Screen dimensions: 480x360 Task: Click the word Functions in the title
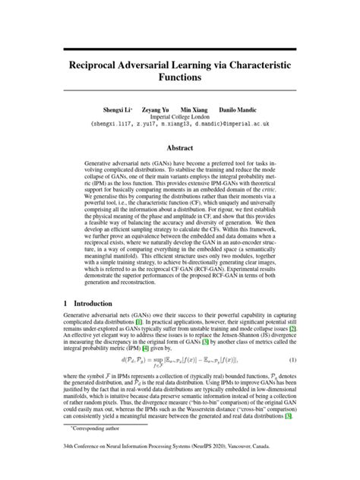point(180,77)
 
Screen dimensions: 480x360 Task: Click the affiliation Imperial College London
point(180,118)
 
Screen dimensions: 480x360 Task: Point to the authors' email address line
point(180,126)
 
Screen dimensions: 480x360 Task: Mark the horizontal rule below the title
point(180,93)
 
